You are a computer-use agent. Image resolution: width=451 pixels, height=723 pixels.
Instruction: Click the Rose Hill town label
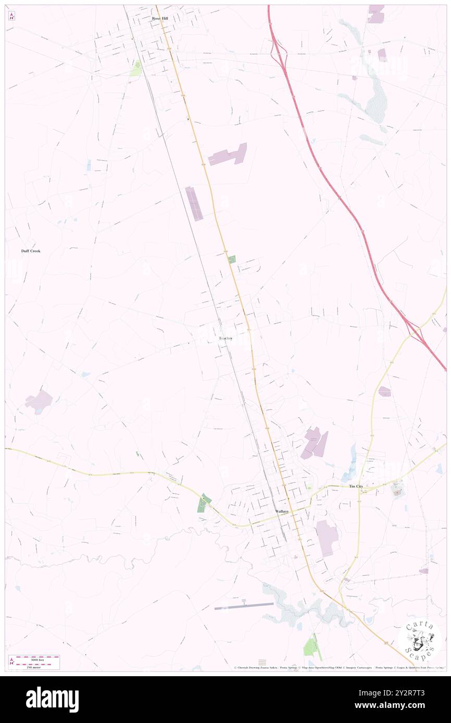[160, 18]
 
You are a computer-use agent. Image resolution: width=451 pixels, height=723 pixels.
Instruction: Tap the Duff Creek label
[31, 251]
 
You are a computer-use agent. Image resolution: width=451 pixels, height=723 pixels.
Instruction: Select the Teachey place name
[226, 338]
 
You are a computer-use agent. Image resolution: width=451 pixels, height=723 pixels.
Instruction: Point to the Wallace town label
[282, 511]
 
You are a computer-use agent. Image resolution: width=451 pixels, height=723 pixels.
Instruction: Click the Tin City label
[356, 486]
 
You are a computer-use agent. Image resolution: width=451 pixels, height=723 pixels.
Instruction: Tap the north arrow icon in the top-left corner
[11, 16]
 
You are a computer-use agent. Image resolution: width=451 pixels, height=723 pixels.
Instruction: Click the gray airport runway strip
[244, 606]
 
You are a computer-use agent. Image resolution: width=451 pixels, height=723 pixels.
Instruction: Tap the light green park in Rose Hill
[136, 68]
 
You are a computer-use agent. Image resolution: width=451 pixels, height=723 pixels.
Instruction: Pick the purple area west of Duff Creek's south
[39, 401]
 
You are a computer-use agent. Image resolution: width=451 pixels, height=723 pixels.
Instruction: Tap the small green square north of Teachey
[232, 259]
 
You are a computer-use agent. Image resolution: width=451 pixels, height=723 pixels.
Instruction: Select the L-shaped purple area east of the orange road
[228, 155]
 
